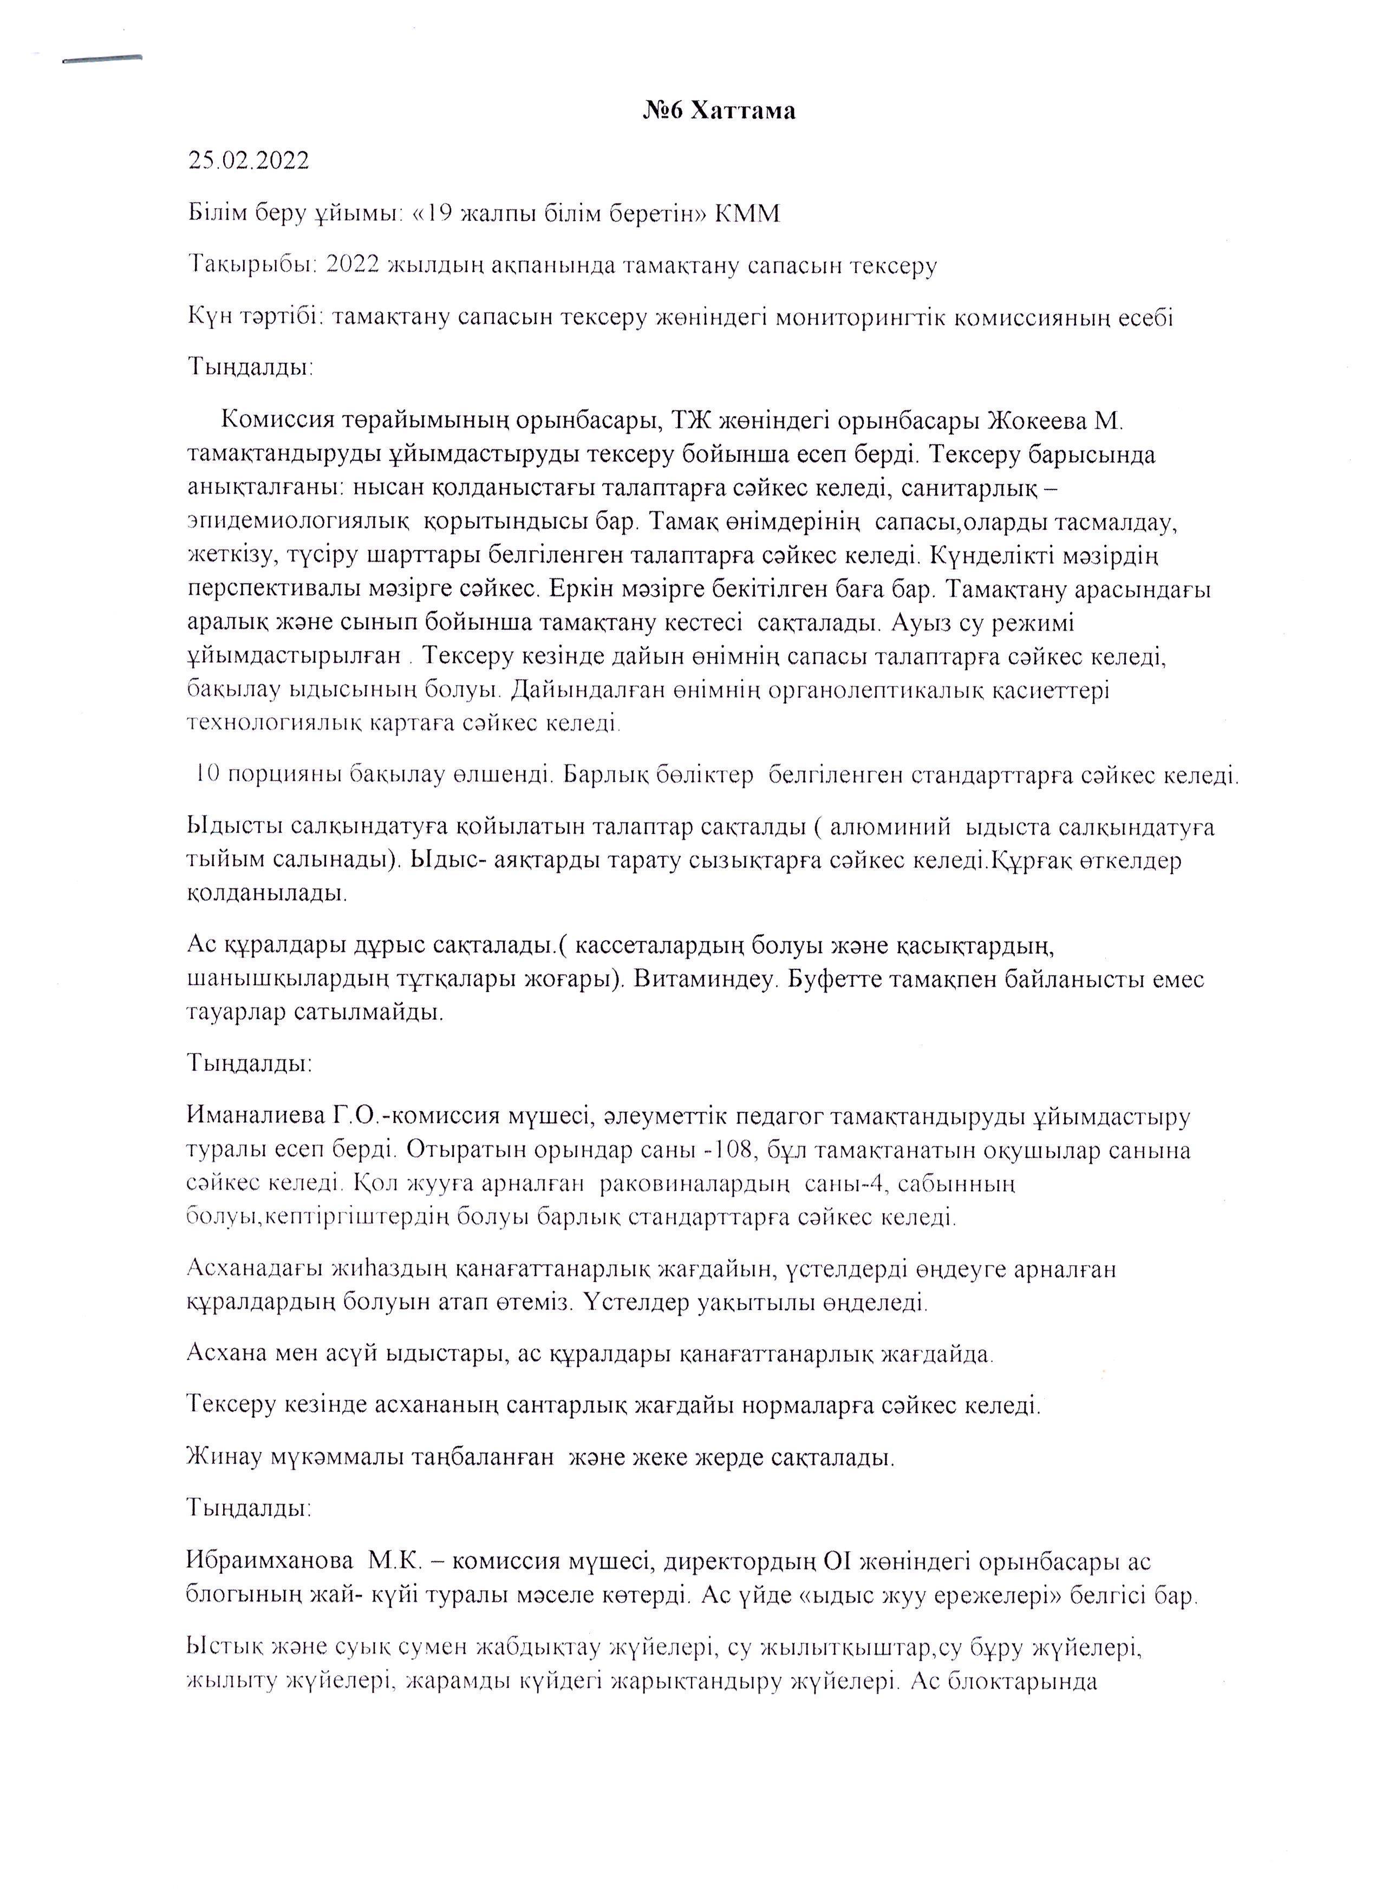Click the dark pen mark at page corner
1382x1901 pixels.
click(x=102, y=60)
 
